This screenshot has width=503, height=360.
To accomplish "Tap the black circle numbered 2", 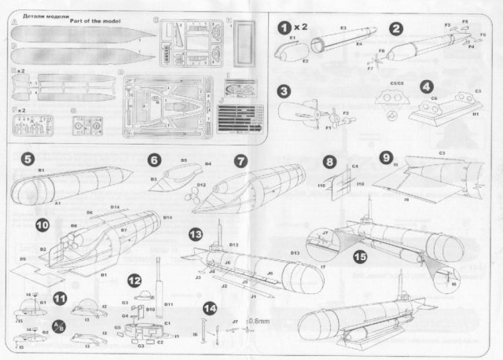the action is click(398, 28).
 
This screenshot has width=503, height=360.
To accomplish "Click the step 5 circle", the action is click(28, 160).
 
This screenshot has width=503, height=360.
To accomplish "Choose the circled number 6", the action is click(154, 160).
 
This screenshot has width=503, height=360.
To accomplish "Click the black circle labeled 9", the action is click(385, 156).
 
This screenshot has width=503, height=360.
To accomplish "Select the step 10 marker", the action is click(41, 225).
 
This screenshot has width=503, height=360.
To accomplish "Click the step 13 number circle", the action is click(195, 233).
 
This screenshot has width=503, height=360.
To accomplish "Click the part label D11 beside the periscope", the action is click(167, 303).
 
